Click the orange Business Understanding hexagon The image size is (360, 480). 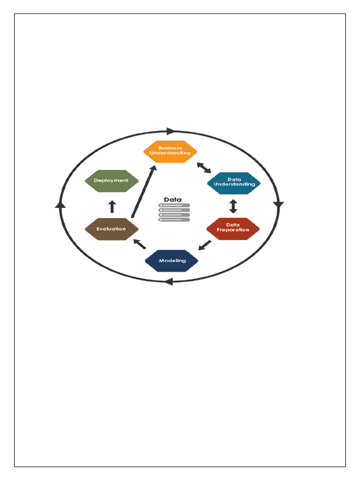pos(170,151)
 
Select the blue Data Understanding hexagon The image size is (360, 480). pos(234,182)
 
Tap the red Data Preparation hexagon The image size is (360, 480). pos(233,228)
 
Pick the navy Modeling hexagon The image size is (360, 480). pos(172,261)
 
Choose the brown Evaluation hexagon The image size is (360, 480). pos(112,229)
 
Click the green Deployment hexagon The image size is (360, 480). pos(112,180)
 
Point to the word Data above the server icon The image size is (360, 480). pos(172,200)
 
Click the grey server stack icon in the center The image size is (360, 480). pos(174,212)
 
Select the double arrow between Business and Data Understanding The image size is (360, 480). pos(203,167)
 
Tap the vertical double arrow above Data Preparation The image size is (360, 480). pos(233,205)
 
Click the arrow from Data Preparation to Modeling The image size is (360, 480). pos(204,245)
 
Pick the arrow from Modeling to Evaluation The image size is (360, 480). pos(140,244)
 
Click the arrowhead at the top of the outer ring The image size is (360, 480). pos(171,131)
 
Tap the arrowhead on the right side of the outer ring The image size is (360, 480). pos(279,205)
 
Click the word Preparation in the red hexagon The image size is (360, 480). pos(233,230)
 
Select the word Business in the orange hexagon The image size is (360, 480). pos(170,148)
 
